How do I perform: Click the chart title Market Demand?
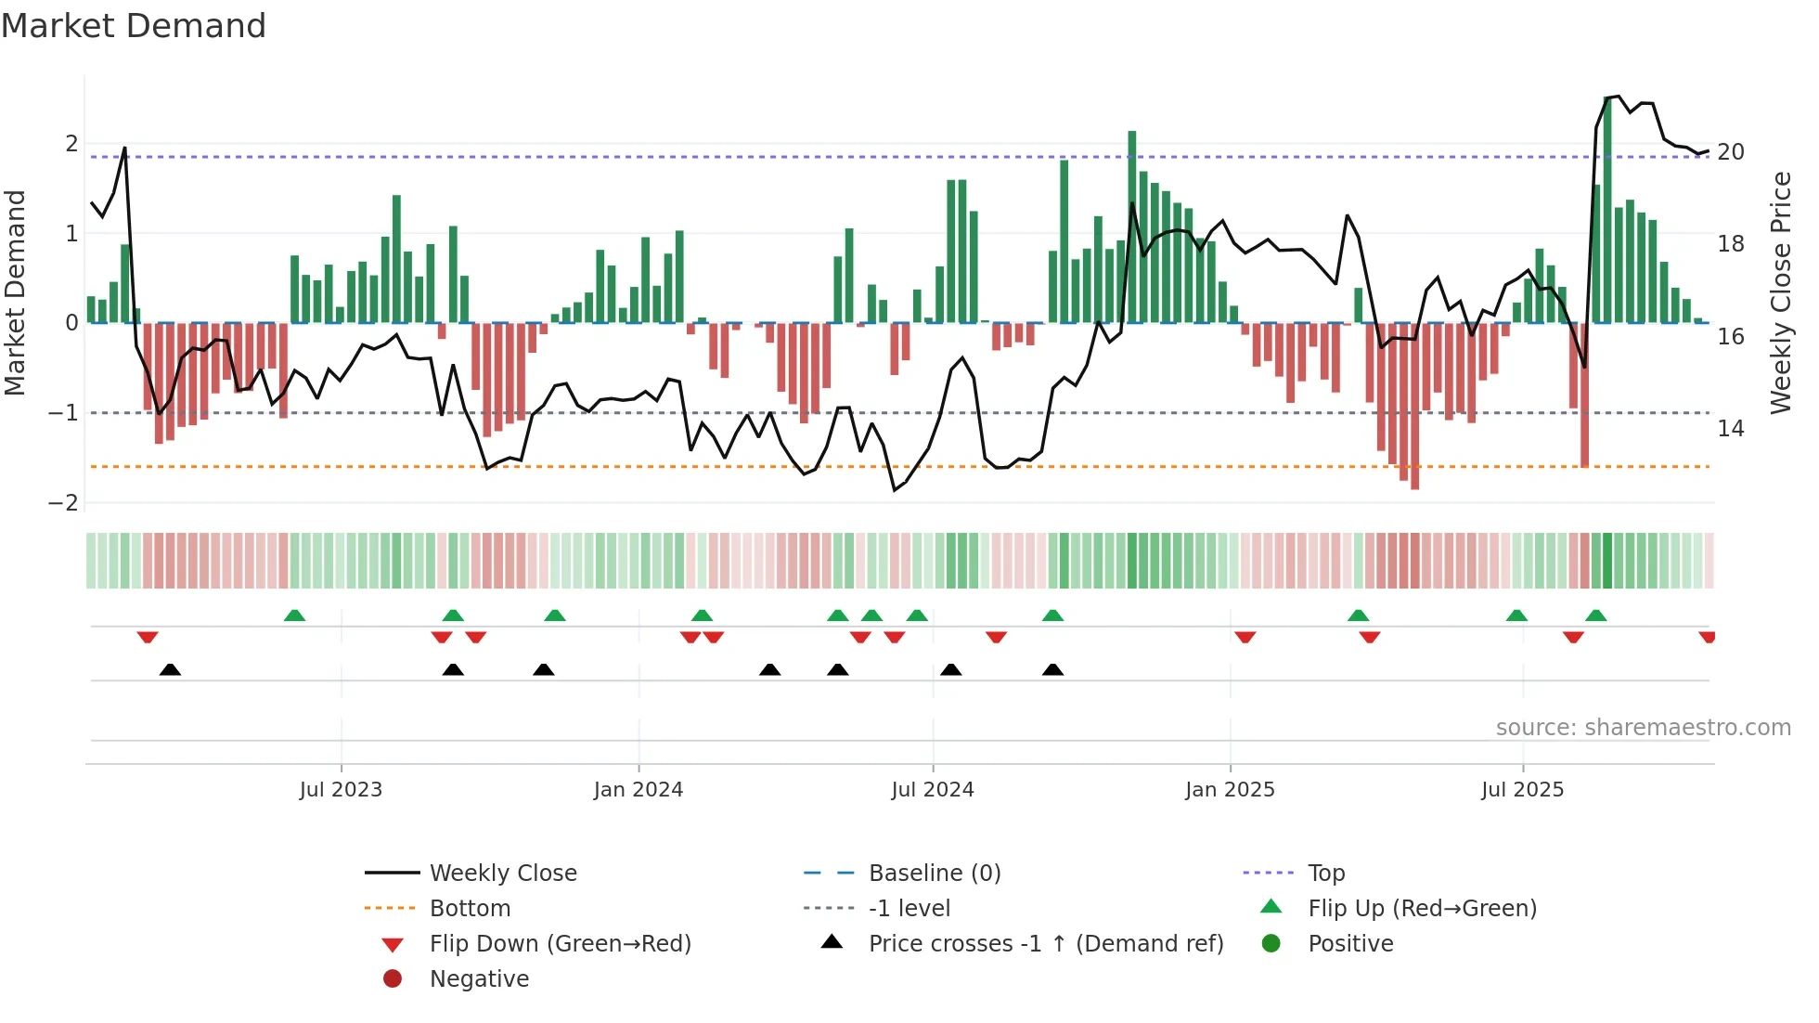click(134, 26)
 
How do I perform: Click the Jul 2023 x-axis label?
click(341, 790)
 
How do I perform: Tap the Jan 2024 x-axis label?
click(639, 790)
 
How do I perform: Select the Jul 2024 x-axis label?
click(933, 790)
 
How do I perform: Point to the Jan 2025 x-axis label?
click(1230, 790)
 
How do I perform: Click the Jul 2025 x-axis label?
click(1523, 790)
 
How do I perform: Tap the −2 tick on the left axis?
click(63, 503)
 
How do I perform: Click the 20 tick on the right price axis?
click(1731, 152)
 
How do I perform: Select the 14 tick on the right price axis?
click(1731, 429)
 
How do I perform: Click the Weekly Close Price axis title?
click(1781, 292)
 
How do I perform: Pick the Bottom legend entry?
click(470, 909)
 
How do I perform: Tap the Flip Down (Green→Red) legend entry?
click(560, 944)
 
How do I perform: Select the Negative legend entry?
click(479, 979)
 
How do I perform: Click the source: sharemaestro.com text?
click(1643, 728)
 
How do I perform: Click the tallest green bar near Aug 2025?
click(1607, 210)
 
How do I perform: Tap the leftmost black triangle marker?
click(170, 670)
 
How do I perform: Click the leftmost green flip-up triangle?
click(294, 615)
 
